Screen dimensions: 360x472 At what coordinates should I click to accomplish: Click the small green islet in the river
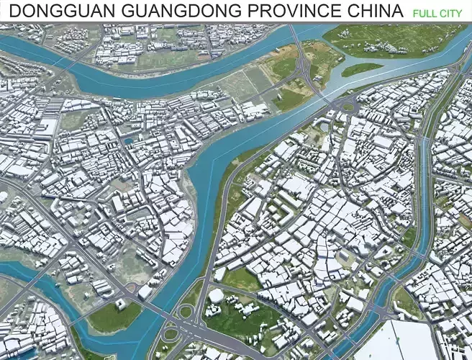(x=361, y=68)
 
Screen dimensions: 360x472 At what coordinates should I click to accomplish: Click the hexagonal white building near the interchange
(x=216, y=296)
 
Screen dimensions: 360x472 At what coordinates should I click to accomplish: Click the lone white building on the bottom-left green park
(x=121, y=305)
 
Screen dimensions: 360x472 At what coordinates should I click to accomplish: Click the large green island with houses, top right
(x=389, y=40)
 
